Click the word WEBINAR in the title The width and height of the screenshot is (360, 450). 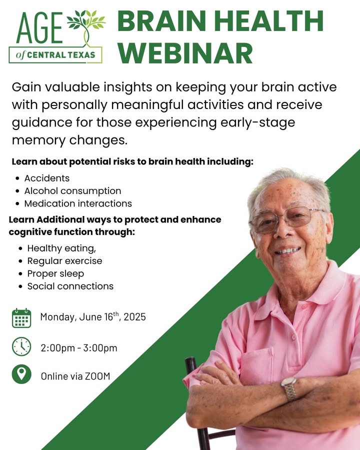(185, 53)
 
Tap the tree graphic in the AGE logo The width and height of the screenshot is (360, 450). (85, 26)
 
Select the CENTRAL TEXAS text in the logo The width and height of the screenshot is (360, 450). (61, 55)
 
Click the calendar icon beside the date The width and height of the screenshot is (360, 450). (21, 318)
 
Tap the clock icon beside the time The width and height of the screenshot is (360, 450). (21, 346)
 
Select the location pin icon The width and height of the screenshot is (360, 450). (21, 374)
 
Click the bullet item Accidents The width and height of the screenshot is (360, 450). (47, 178)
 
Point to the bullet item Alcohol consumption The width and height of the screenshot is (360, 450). (72, 191)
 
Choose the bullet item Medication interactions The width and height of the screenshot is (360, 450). (78, 203)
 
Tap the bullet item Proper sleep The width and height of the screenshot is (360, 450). (55, 274)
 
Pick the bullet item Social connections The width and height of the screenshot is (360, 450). (70, 286)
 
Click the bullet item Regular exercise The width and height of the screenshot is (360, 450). (65, 261)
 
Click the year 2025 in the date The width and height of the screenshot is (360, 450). (134, 317)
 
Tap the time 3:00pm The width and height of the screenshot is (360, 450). (100, 348)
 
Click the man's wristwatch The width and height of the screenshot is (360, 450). (290, 388)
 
